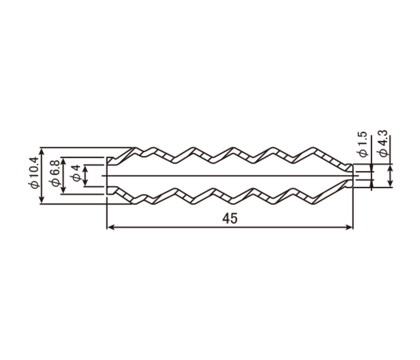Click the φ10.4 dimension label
tap(35, 173)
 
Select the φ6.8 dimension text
tap(55, 174)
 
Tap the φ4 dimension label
tap(76, 173)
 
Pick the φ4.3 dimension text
tap(382, 143)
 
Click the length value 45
tap(230, 219)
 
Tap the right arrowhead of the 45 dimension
tap(350, 227)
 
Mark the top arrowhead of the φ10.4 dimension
tap(41, 151)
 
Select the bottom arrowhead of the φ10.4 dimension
tap(41, 200)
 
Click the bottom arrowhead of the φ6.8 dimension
tap(63, 190)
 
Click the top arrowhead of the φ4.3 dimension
tap(390, 168)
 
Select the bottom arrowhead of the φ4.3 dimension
tap(390, 183)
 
